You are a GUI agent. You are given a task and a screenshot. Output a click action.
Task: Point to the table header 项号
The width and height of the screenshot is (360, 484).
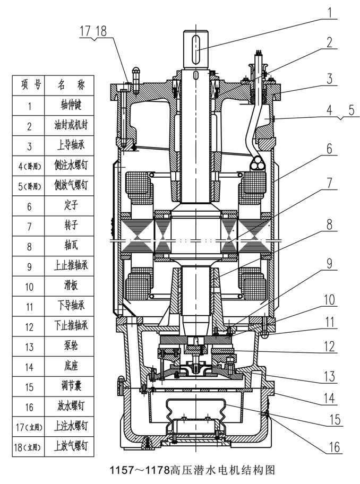point(30,85)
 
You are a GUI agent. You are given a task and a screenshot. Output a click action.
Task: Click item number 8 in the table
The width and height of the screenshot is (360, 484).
point(30,246)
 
